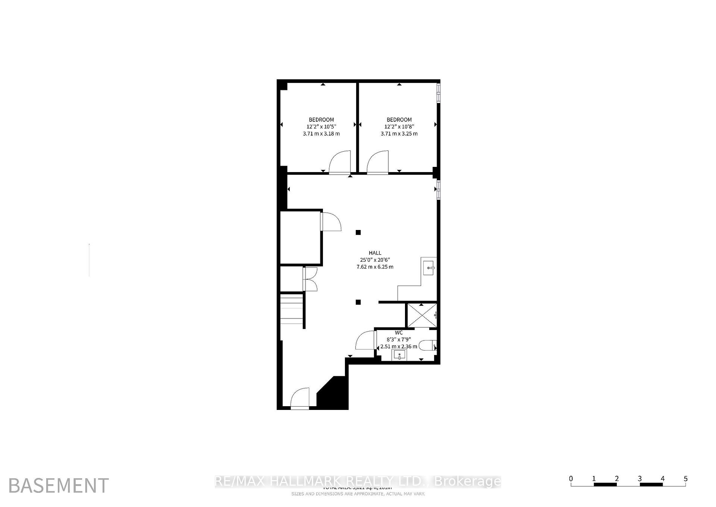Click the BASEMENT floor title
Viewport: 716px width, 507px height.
[x=59, y=486]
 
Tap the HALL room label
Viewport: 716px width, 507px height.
[x=375, y=253]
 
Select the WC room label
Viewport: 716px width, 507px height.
[x=399, y=333]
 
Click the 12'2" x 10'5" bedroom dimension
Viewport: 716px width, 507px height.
[x=321, y=127]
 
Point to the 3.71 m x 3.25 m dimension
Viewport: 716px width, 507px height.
[x=399, y=134]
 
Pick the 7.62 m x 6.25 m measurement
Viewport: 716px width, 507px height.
[x=375, y=267]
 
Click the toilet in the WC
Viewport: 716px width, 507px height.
[x=428, y=346]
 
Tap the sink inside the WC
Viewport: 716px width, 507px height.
[x=399, y=355]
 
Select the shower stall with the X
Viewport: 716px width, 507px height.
[x=421, y=315]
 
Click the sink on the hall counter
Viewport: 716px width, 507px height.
[x=429, y=268]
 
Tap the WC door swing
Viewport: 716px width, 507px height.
[x=365, y=340]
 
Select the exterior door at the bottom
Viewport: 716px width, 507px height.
[x=300, y=399]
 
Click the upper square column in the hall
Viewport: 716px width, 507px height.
[x=358, y=233]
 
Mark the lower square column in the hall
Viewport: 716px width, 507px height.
[x=358, y=302]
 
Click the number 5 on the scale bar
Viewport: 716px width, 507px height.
[x=685, y=479]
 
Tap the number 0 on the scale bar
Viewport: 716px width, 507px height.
[x=571, y=479]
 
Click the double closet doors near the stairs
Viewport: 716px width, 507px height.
[x=310, y=279]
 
